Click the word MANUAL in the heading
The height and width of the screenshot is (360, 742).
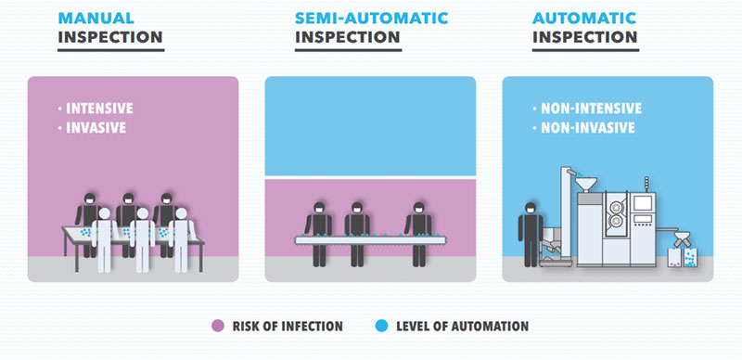[96, 18]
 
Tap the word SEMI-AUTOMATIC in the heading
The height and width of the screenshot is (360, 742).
[372, 18]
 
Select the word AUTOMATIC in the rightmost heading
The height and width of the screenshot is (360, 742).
[584, 18]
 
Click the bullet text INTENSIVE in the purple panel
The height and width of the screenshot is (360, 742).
[99, 109]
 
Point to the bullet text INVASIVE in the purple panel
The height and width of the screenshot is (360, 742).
[96, 128]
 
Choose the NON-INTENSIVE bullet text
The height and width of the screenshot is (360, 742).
[591, 109]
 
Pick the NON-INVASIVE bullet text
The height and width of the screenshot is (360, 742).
[587, 128]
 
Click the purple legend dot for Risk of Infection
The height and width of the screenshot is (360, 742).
[218, 326]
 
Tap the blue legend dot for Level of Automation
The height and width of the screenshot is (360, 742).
[381, 326]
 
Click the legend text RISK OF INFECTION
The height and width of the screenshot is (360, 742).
[288, 327]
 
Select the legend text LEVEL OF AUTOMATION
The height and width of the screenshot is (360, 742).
[462, 327]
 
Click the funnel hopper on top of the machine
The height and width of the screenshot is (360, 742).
[586, 184]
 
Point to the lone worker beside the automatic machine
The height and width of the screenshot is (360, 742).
[531, 234]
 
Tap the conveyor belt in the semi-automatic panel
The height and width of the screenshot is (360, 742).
[370, 240]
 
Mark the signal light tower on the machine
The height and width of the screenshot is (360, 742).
[646, 186]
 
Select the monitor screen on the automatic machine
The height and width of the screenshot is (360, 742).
[643, 203]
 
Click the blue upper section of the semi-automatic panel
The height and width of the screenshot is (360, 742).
[370, 126]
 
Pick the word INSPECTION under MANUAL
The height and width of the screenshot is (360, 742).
[110, 37]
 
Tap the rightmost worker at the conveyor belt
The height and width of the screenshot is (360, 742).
[418, 234]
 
